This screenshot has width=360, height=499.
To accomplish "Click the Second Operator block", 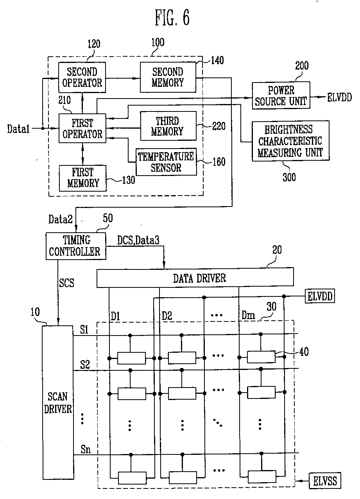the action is click(82, 77).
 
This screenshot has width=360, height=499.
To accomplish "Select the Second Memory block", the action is click(168, 77).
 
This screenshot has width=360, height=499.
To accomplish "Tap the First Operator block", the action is click(82, 128).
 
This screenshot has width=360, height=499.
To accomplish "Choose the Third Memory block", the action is click(168, 126).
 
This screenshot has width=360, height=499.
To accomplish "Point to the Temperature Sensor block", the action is click(166, 162).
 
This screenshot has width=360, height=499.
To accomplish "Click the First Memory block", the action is click(82, 178).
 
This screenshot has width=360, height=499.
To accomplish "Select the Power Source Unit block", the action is click(281, 95).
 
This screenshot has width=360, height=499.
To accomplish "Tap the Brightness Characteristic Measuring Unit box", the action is click(290, 141).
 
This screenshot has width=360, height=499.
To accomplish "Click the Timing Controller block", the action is click(76, 246).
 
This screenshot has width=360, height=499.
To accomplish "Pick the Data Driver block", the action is click(195, 278).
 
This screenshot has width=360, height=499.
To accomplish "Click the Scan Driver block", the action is click(58, 403).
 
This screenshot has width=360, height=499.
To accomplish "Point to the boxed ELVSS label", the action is click(325, 481).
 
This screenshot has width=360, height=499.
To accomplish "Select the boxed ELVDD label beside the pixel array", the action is click(320, 296).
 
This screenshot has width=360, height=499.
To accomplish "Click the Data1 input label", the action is click(18, 129).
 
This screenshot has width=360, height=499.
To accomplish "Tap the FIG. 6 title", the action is click(172, 17).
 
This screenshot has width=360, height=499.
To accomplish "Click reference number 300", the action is click(289, 177).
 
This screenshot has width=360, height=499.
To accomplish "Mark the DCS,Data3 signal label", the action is click(138, 241).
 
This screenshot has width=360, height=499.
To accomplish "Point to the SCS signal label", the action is click(66, 283).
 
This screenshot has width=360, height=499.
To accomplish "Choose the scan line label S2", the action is click(85, 365).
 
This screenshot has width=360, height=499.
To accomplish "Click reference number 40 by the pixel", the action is click(304, 352).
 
